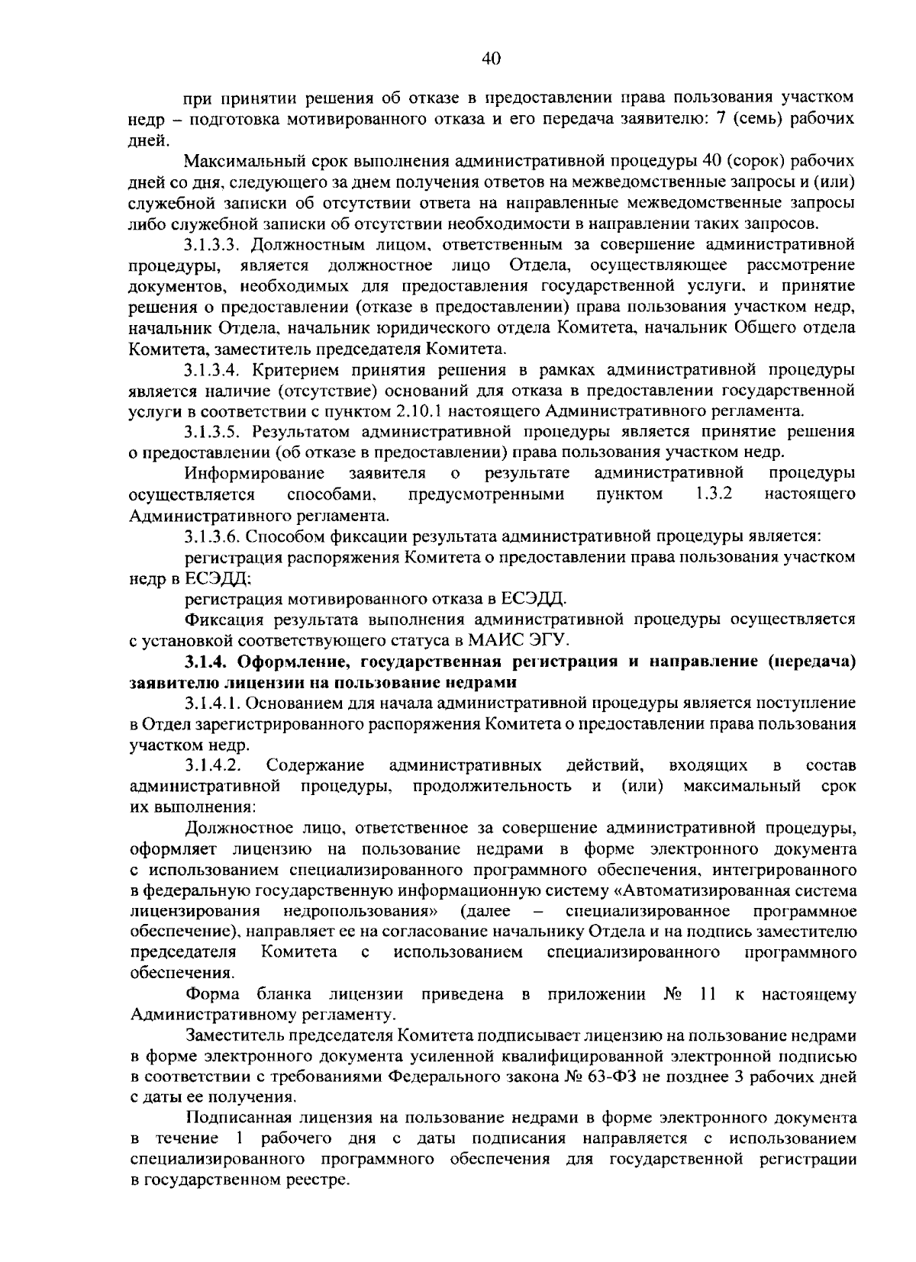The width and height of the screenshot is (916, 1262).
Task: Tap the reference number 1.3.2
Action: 714,494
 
